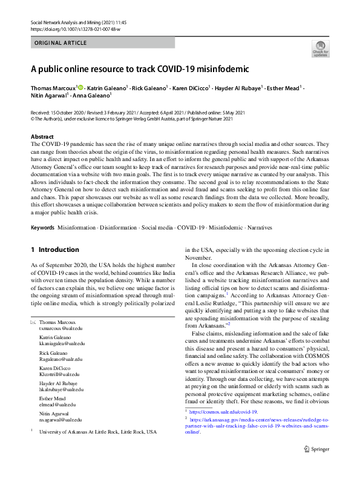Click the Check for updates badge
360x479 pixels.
coord(320,49)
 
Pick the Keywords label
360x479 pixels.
coord(42,228)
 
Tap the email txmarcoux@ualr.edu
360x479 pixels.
coord(61,328)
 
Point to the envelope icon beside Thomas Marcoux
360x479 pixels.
coord(33,322)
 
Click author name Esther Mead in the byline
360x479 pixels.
coord(283,88)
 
